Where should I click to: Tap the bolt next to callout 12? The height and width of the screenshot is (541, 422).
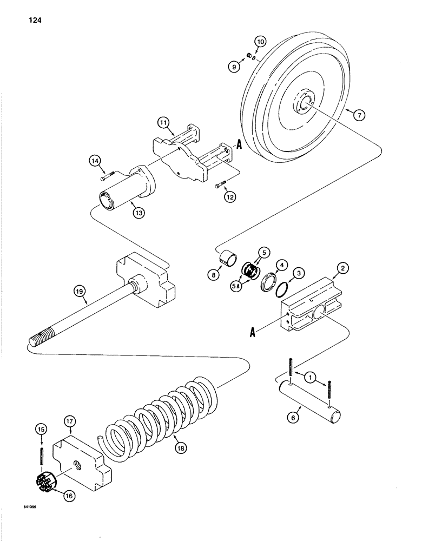pos(218,186)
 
